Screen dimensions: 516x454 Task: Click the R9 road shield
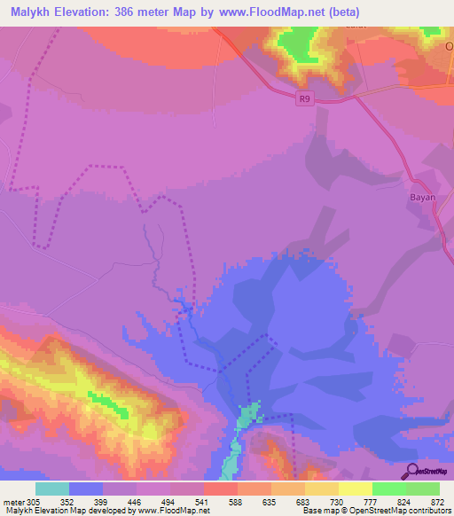(x=304, y=100)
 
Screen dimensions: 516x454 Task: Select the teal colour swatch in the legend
(x=52, y=489)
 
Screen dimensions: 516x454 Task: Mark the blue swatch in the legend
(x=86, y=489)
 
